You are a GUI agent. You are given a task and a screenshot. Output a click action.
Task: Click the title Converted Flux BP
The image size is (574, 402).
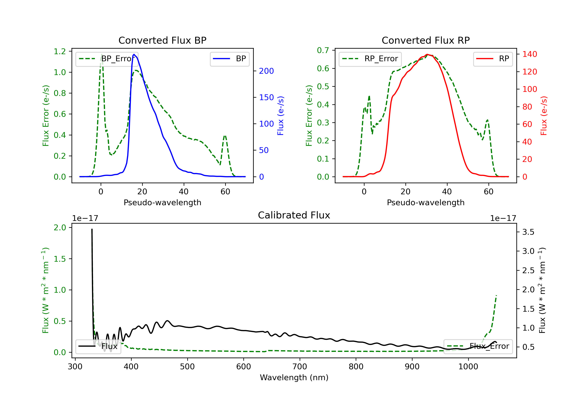(x=162, y=40)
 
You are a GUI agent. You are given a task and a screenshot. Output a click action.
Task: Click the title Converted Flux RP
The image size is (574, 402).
(x=426, y=40)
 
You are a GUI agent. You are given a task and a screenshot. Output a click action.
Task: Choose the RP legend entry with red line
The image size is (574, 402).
(x=493, y=59)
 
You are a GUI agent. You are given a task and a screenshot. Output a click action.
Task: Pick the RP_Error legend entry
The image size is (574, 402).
(x=370, y=59)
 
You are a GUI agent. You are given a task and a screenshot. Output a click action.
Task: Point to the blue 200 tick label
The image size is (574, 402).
(x=266, y=71)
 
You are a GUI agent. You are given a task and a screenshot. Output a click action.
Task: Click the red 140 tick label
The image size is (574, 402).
(x=529, y=54)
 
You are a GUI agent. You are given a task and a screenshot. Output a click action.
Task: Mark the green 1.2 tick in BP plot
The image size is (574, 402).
(x=60, y=51)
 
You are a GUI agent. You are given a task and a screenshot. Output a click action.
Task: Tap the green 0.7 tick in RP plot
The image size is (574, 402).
(x=323, y=50)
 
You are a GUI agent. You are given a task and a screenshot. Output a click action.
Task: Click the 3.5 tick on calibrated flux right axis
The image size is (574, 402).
(x=528, y=232)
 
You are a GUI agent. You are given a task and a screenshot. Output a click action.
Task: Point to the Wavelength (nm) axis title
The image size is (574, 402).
(x=294, y=377)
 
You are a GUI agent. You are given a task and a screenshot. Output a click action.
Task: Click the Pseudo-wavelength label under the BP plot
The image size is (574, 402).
(x=162, y=202)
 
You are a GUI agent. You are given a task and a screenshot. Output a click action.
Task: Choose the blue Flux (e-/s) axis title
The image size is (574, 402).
(x=280, y=116)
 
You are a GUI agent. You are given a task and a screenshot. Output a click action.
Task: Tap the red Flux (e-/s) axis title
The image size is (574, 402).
(x=544, y=116)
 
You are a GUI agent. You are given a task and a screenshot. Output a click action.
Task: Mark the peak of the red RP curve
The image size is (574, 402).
(x=427, y=54)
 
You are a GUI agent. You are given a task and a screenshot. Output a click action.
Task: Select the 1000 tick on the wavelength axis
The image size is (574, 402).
(x=468, y=367)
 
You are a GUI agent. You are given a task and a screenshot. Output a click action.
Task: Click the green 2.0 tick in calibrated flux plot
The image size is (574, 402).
(x=60, y=228)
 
